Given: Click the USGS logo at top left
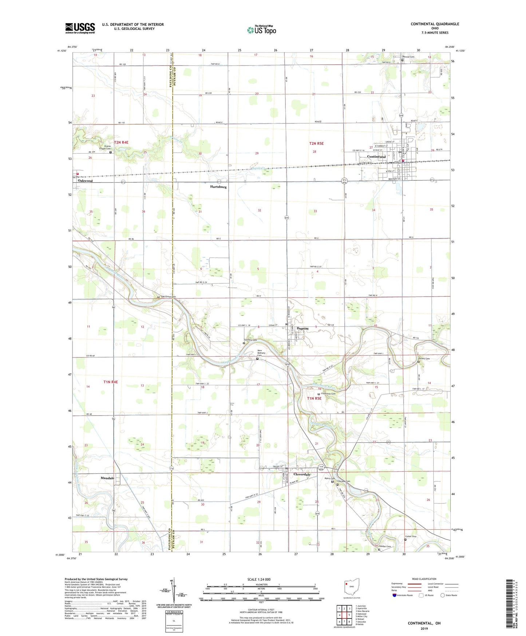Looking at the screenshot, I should point(80,28).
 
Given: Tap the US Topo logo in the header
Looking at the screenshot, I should point(261,30).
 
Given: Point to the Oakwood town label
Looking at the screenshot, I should point(85,181).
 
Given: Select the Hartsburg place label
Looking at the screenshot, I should point(218,187).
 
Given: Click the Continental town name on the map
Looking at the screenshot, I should point(376,157).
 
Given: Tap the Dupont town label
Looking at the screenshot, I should point(302,329).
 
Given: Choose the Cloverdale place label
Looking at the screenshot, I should point(302,475).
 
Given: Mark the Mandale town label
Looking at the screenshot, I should point(107,478).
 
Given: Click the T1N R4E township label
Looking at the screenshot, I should point(111,382).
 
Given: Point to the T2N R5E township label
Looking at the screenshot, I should point(316,144).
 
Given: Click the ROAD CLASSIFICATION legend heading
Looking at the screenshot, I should point(424,579).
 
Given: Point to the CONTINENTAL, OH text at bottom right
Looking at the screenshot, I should point(424,623).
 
